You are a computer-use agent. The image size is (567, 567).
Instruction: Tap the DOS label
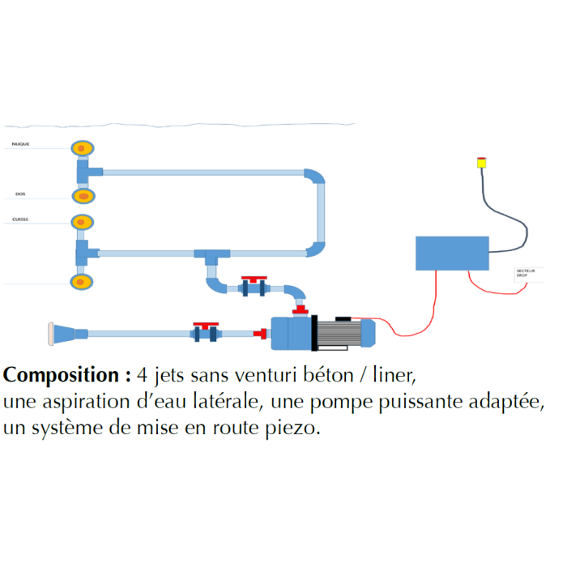pyautogui.click(x=20, y=194)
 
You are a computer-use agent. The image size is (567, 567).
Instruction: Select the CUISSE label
pyautogui.click(x=21, y=219)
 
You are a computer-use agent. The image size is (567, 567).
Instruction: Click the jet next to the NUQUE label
pyautogui.click(x=81, y=148)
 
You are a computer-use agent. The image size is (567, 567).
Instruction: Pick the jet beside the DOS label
pyautogui.click(x=82, y=196)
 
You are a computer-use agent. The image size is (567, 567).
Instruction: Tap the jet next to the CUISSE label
pyautogui.click(x=81, y=222)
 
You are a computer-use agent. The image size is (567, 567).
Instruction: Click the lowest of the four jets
pyautogui.click(x=81, y=282)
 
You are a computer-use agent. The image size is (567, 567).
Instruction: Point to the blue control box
pyautogui.click(x=452, y=253)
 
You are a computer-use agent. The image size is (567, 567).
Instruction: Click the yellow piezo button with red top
pyautogui.click(x=480, y=162)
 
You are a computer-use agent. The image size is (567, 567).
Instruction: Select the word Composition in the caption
pyautogui.click(x=62, y=376)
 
